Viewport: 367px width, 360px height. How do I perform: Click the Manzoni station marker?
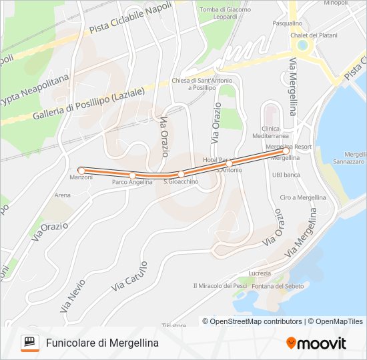81,171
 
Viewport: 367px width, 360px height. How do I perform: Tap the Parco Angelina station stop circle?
132,175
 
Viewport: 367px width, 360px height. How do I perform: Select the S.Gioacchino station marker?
181,174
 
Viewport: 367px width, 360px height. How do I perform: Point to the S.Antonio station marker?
229,163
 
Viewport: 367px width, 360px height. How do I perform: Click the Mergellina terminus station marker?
286,151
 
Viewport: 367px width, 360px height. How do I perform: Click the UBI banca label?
286,175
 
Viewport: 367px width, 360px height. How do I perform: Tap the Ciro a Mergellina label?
302,197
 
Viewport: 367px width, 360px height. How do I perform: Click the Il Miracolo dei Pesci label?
220,286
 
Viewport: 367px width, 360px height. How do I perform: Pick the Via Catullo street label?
130,275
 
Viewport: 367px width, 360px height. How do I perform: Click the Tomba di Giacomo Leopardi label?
225,13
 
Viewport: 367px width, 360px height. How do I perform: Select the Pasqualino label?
288,23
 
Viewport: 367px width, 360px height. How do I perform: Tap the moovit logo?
316,343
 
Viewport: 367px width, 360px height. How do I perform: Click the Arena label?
63,195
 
